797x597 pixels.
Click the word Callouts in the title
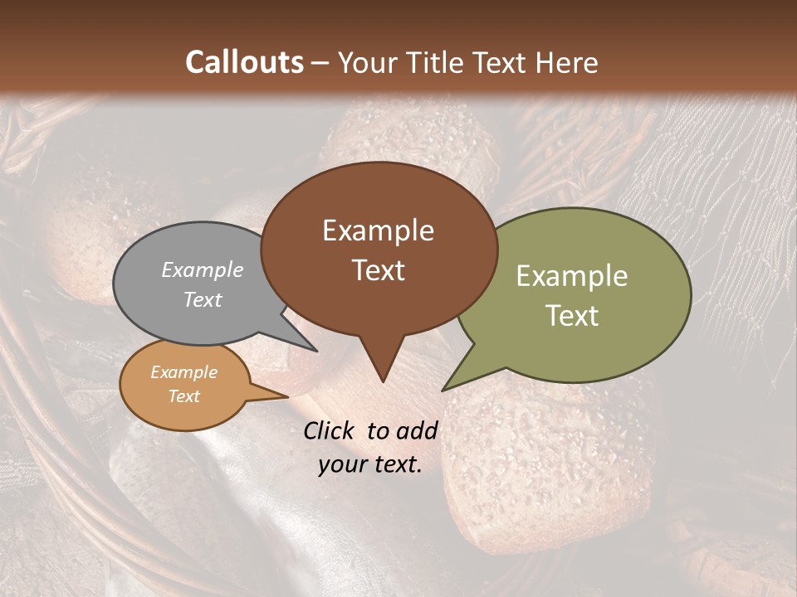pos(244,62)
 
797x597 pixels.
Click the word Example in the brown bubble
pos(378,231)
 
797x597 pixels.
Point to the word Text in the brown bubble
pos(378,270)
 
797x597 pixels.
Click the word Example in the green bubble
pos(571,276)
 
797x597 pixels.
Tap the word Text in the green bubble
pos(571,316)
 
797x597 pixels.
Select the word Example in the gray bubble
pos(202,269)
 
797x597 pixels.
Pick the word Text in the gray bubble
pos(202,299)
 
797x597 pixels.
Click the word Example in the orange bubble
pos(183,372)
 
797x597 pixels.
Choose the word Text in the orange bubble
pos(183,396)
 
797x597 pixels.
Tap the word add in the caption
pos(417,430)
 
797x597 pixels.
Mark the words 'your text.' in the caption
pos(370,464)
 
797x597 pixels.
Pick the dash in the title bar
pos(320,62)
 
